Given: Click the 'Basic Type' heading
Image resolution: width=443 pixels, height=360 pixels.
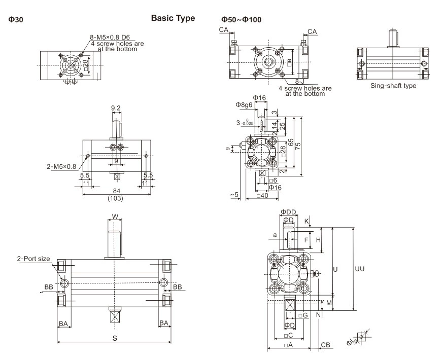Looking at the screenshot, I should pyautogui.click(x=173, y=18).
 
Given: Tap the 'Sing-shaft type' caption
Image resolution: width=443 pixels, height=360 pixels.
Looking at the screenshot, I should pyautogui.click(x=393, y=86).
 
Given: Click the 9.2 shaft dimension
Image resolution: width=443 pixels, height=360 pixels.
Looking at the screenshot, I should pyautogui.click(x=116, y=108).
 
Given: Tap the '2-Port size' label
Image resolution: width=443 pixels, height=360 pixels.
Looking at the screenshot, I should pyautogui.click(x=32, y=259).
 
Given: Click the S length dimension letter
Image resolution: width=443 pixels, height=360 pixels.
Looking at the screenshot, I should pyautogui.click(x=115, y=338).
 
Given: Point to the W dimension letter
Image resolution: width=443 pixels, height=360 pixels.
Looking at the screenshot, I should pyautogui.click(x=115, y=217).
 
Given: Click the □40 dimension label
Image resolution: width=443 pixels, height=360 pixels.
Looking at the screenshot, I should pyautogui.click(x=262, y=196).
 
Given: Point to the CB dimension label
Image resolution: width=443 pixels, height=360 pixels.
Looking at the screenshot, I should pyautogui.click(x=326, y=345).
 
